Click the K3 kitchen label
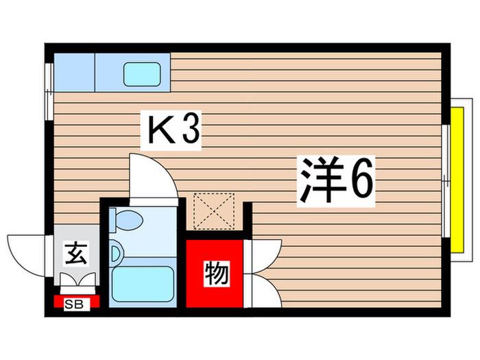171,130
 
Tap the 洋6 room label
336,180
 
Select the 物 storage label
217,274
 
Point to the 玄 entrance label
76,254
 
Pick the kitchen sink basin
142,74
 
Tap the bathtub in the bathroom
143,284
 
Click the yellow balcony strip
457,180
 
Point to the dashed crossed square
214,211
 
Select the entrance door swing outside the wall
26,256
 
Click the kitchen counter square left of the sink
74,72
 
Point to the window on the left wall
49,91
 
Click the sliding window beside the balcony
446,181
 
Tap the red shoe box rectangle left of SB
59,301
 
